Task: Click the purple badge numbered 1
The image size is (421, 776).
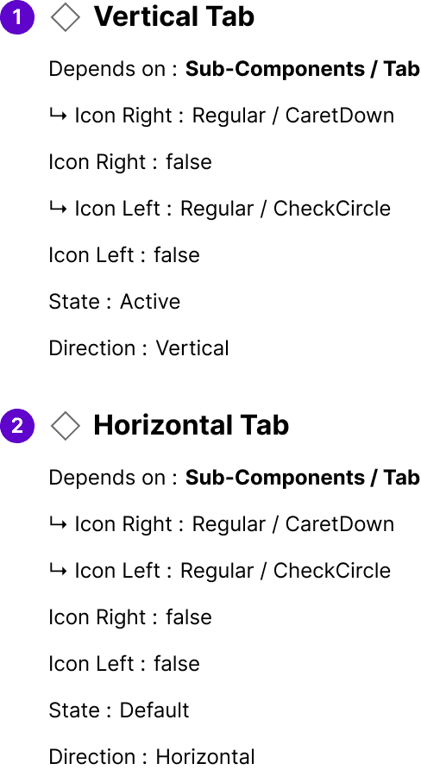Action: (x=17, y=17)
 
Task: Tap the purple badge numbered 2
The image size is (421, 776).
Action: (x=17, y=426)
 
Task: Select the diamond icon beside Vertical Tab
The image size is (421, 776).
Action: (x=66, y=17)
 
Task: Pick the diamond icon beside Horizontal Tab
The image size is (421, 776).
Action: (x=66, y=426)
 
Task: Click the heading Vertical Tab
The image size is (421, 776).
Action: (x=174, y=17)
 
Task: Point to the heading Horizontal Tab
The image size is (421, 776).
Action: (x=192, y=425)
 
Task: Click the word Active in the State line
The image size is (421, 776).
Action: (x=150, y=302)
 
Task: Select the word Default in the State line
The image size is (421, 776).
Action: (x=154, y=710)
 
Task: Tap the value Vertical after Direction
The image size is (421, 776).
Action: (x=192, y=348)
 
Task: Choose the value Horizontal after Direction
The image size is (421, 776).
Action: (x=205, y=757)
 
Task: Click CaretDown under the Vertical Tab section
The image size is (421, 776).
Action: (x=340, y=116)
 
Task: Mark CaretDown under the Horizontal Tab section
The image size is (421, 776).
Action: (x=340, y=524)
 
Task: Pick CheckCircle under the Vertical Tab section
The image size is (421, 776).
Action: (x=332, y=209)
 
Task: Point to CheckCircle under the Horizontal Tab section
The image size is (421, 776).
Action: (x=332, y=571)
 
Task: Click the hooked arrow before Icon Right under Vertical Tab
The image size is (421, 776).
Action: (x=58, y=116)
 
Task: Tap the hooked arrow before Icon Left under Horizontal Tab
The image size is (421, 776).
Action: (x=58, y=571)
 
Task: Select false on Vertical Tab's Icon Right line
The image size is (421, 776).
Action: (x=189, y=162)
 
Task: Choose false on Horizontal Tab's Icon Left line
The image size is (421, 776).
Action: (x=177, y=664)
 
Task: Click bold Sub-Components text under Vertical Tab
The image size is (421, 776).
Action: (x=275, y=69)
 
